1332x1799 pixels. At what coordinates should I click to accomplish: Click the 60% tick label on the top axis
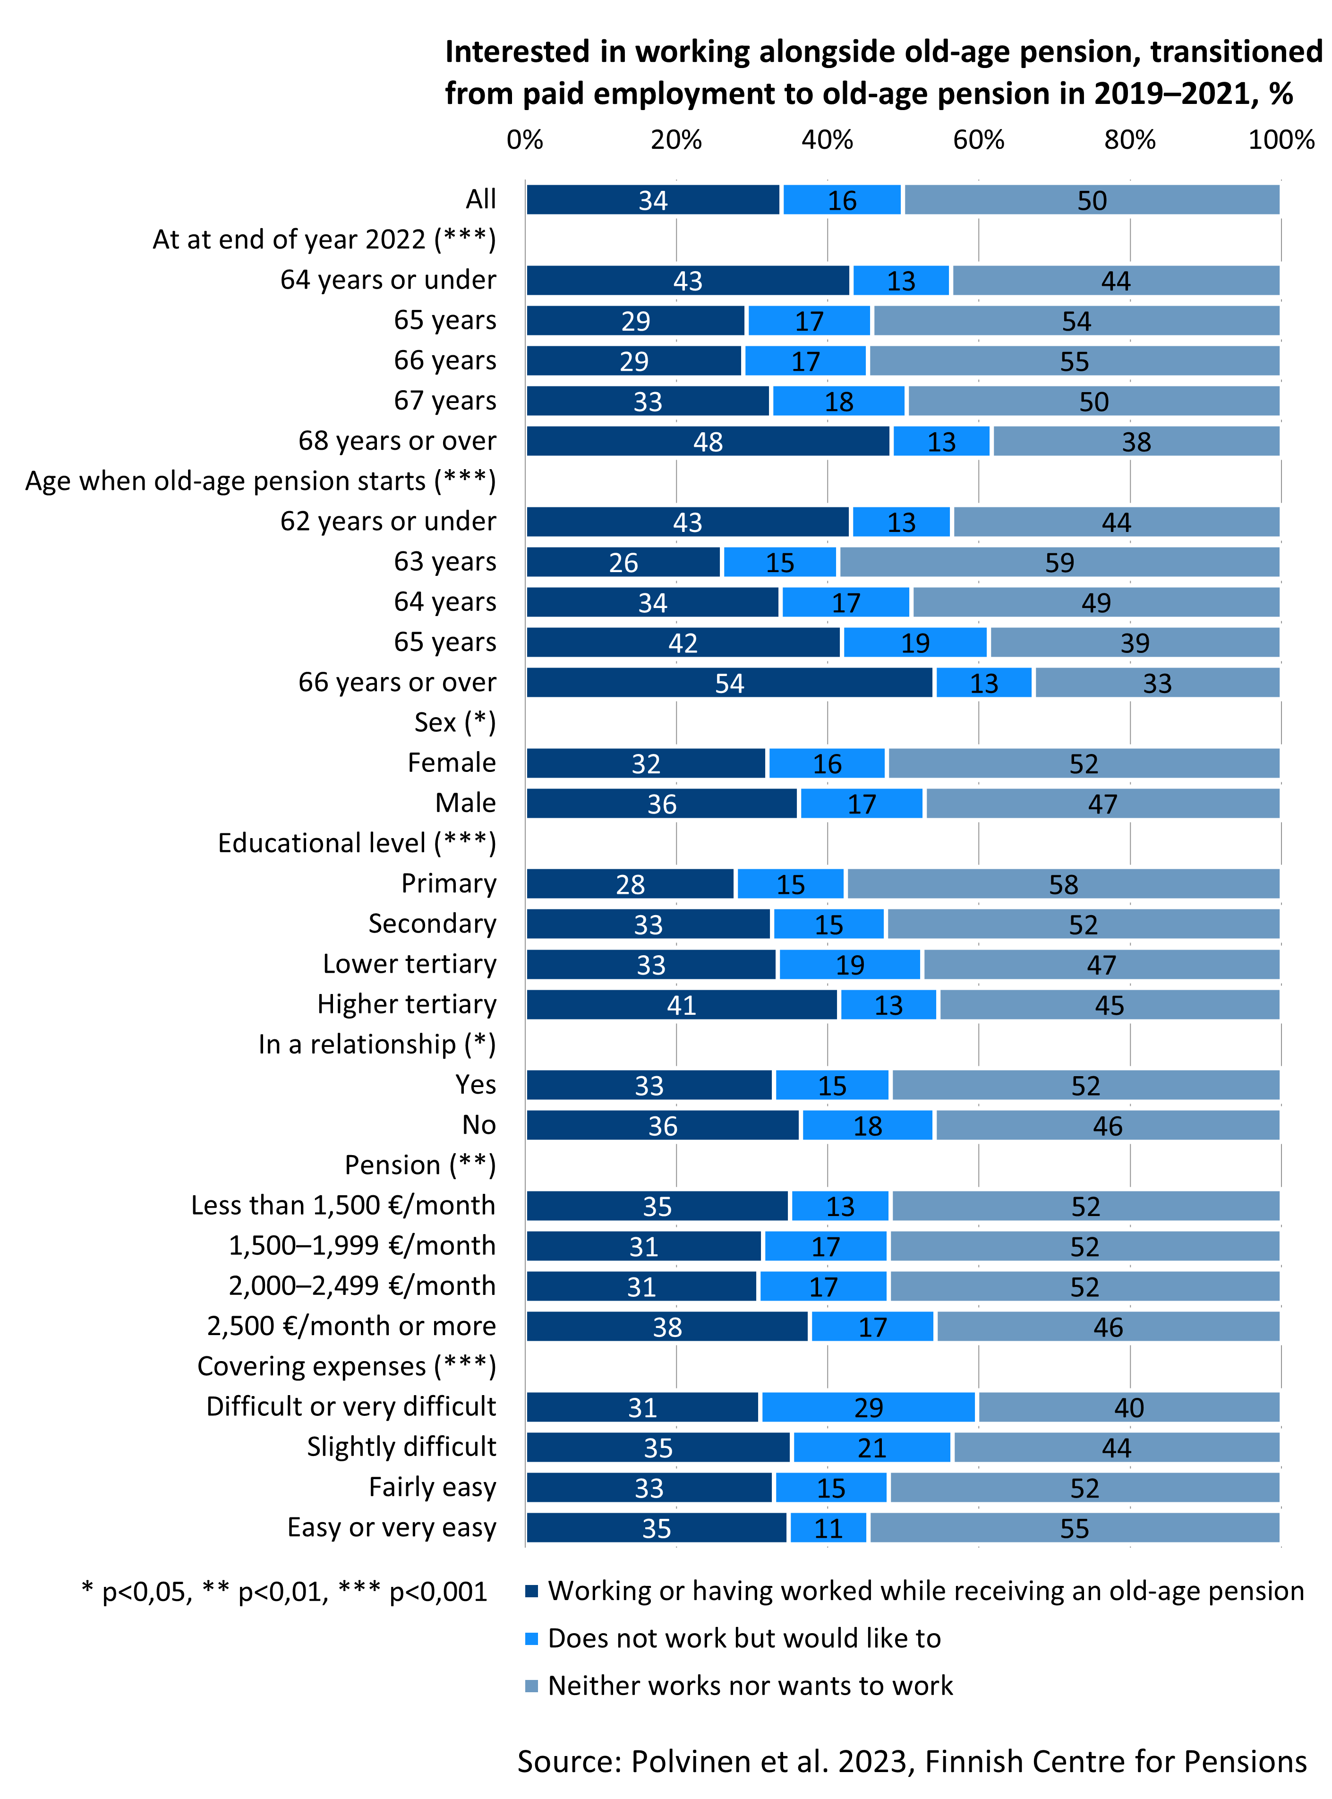point(978,140)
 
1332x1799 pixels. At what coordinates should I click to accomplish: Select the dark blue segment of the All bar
point(653,200)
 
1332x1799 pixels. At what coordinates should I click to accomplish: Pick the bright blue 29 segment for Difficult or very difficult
point(868,1407)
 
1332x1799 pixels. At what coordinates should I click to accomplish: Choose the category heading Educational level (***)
point(357,843)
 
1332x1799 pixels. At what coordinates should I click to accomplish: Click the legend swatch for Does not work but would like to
point(531,1638)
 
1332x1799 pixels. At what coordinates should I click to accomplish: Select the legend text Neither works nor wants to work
point(750,1685)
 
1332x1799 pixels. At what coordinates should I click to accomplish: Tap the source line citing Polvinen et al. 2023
point(911,1761)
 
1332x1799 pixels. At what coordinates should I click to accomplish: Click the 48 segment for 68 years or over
point(708,442)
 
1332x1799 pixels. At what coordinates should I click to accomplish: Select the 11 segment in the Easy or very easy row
point(828,1528)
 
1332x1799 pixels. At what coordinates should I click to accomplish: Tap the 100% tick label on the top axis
point(1281,140)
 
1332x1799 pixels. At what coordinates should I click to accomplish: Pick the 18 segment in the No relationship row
point(868,1126)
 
